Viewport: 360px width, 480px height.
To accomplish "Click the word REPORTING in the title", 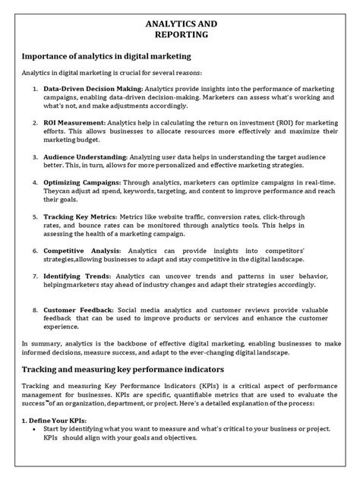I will coord(180,35).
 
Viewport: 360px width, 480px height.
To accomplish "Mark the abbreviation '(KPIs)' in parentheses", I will coord(193,387).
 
